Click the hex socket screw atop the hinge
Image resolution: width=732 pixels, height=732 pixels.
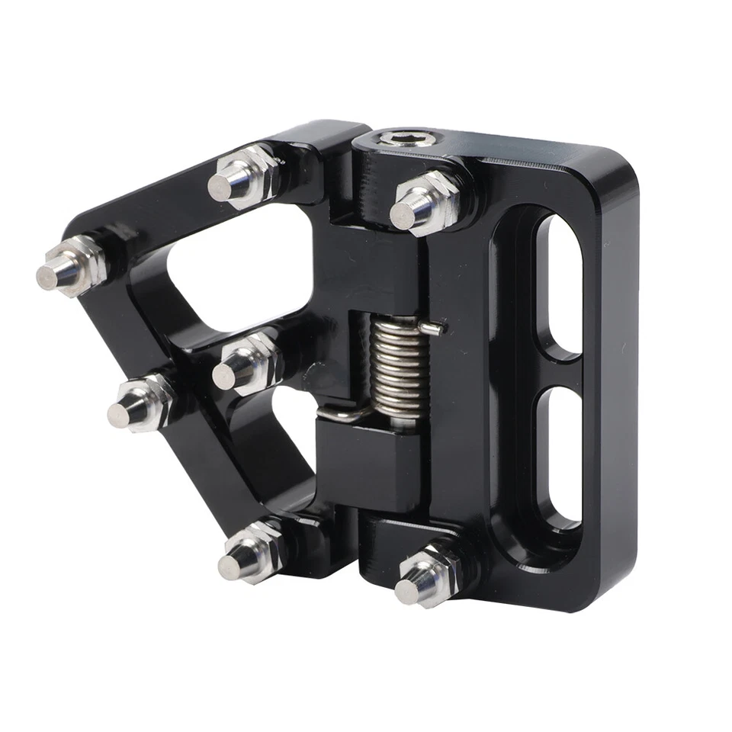(x=396, y=140)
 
